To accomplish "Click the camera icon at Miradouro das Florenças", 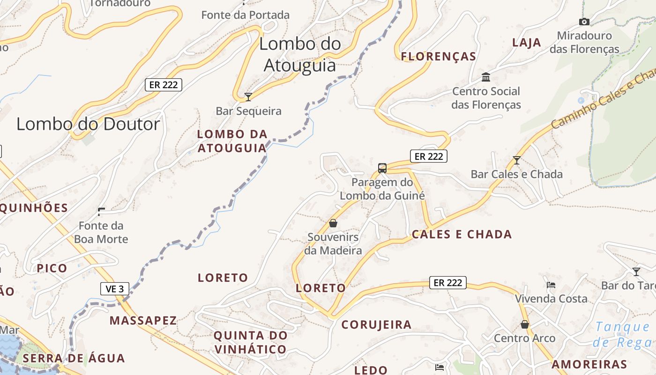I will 584,22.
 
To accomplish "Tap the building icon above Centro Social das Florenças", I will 486,77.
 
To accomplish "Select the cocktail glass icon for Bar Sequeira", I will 248,97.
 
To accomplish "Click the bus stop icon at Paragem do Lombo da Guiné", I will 382,168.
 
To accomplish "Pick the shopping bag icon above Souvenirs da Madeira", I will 333,223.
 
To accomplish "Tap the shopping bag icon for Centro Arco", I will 525,324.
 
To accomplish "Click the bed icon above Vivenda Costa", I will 551,285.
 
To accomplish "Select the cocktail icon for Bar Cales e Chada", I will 516,160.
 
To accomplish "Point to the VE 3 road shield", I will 115,289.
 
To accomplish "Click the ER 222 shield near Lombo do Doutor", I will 163,85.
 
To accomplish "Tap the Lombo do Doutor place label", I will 88,124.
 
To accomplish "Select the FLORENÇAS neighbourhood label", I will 439,57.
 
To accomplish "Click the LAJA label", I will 527,43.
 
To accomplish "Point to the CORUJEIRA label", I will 376,324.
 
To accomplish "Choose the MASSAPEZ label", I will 143,321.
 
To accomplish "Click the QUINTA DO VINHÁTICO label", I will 250,342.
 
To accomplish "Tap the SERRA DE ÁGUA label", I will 74,359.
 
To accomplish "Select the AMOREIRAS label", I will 589,364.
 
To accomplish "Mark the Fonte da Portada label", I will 246,15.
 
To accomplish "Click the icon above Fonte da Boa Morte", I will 101,211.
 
